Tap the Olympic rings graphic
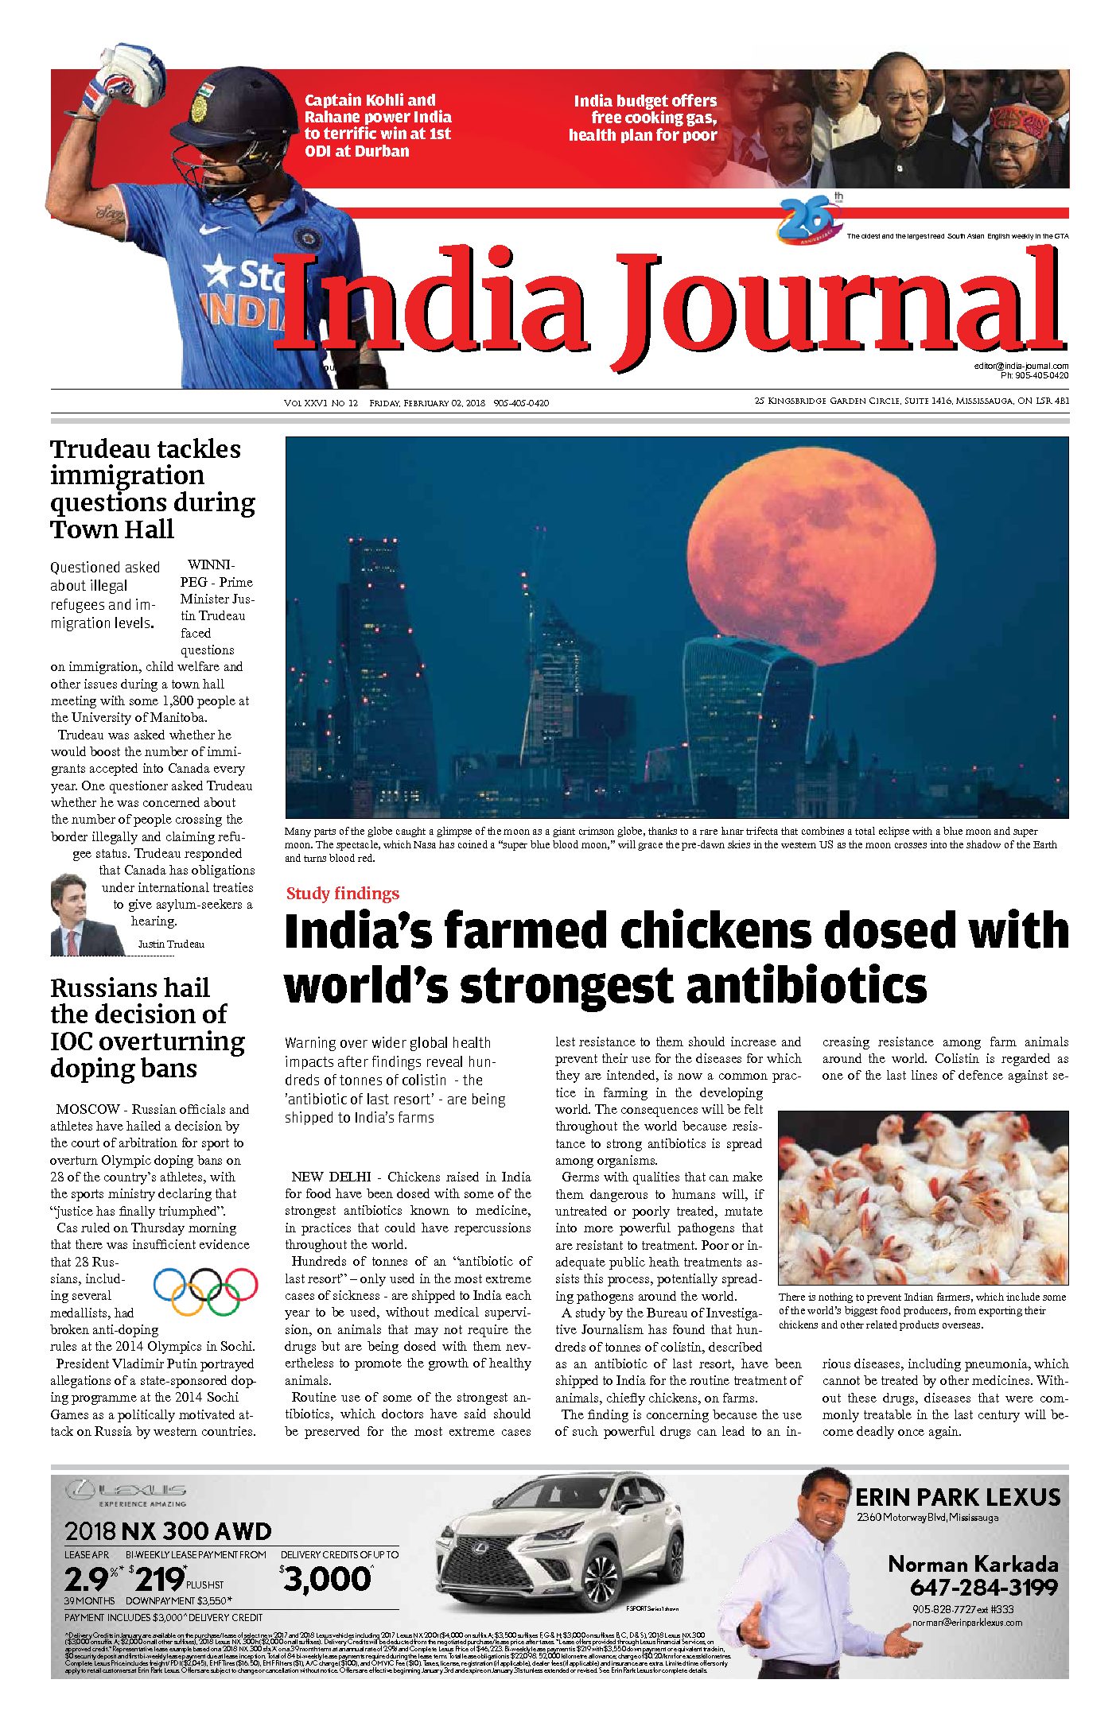pos(206,1289)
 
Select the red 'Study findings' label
pos(343,894)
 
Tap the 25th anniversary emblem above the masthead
pos(810,219)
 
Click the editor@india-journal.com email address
pos(1021,366)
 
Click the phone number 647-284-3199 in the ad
pos(984,1587)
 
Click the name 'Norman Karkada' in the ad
pos(973,1564)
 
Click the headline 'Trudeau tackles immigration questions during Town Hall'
pos(152,489)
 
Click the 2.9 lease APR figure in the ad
pos(88,1579)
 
